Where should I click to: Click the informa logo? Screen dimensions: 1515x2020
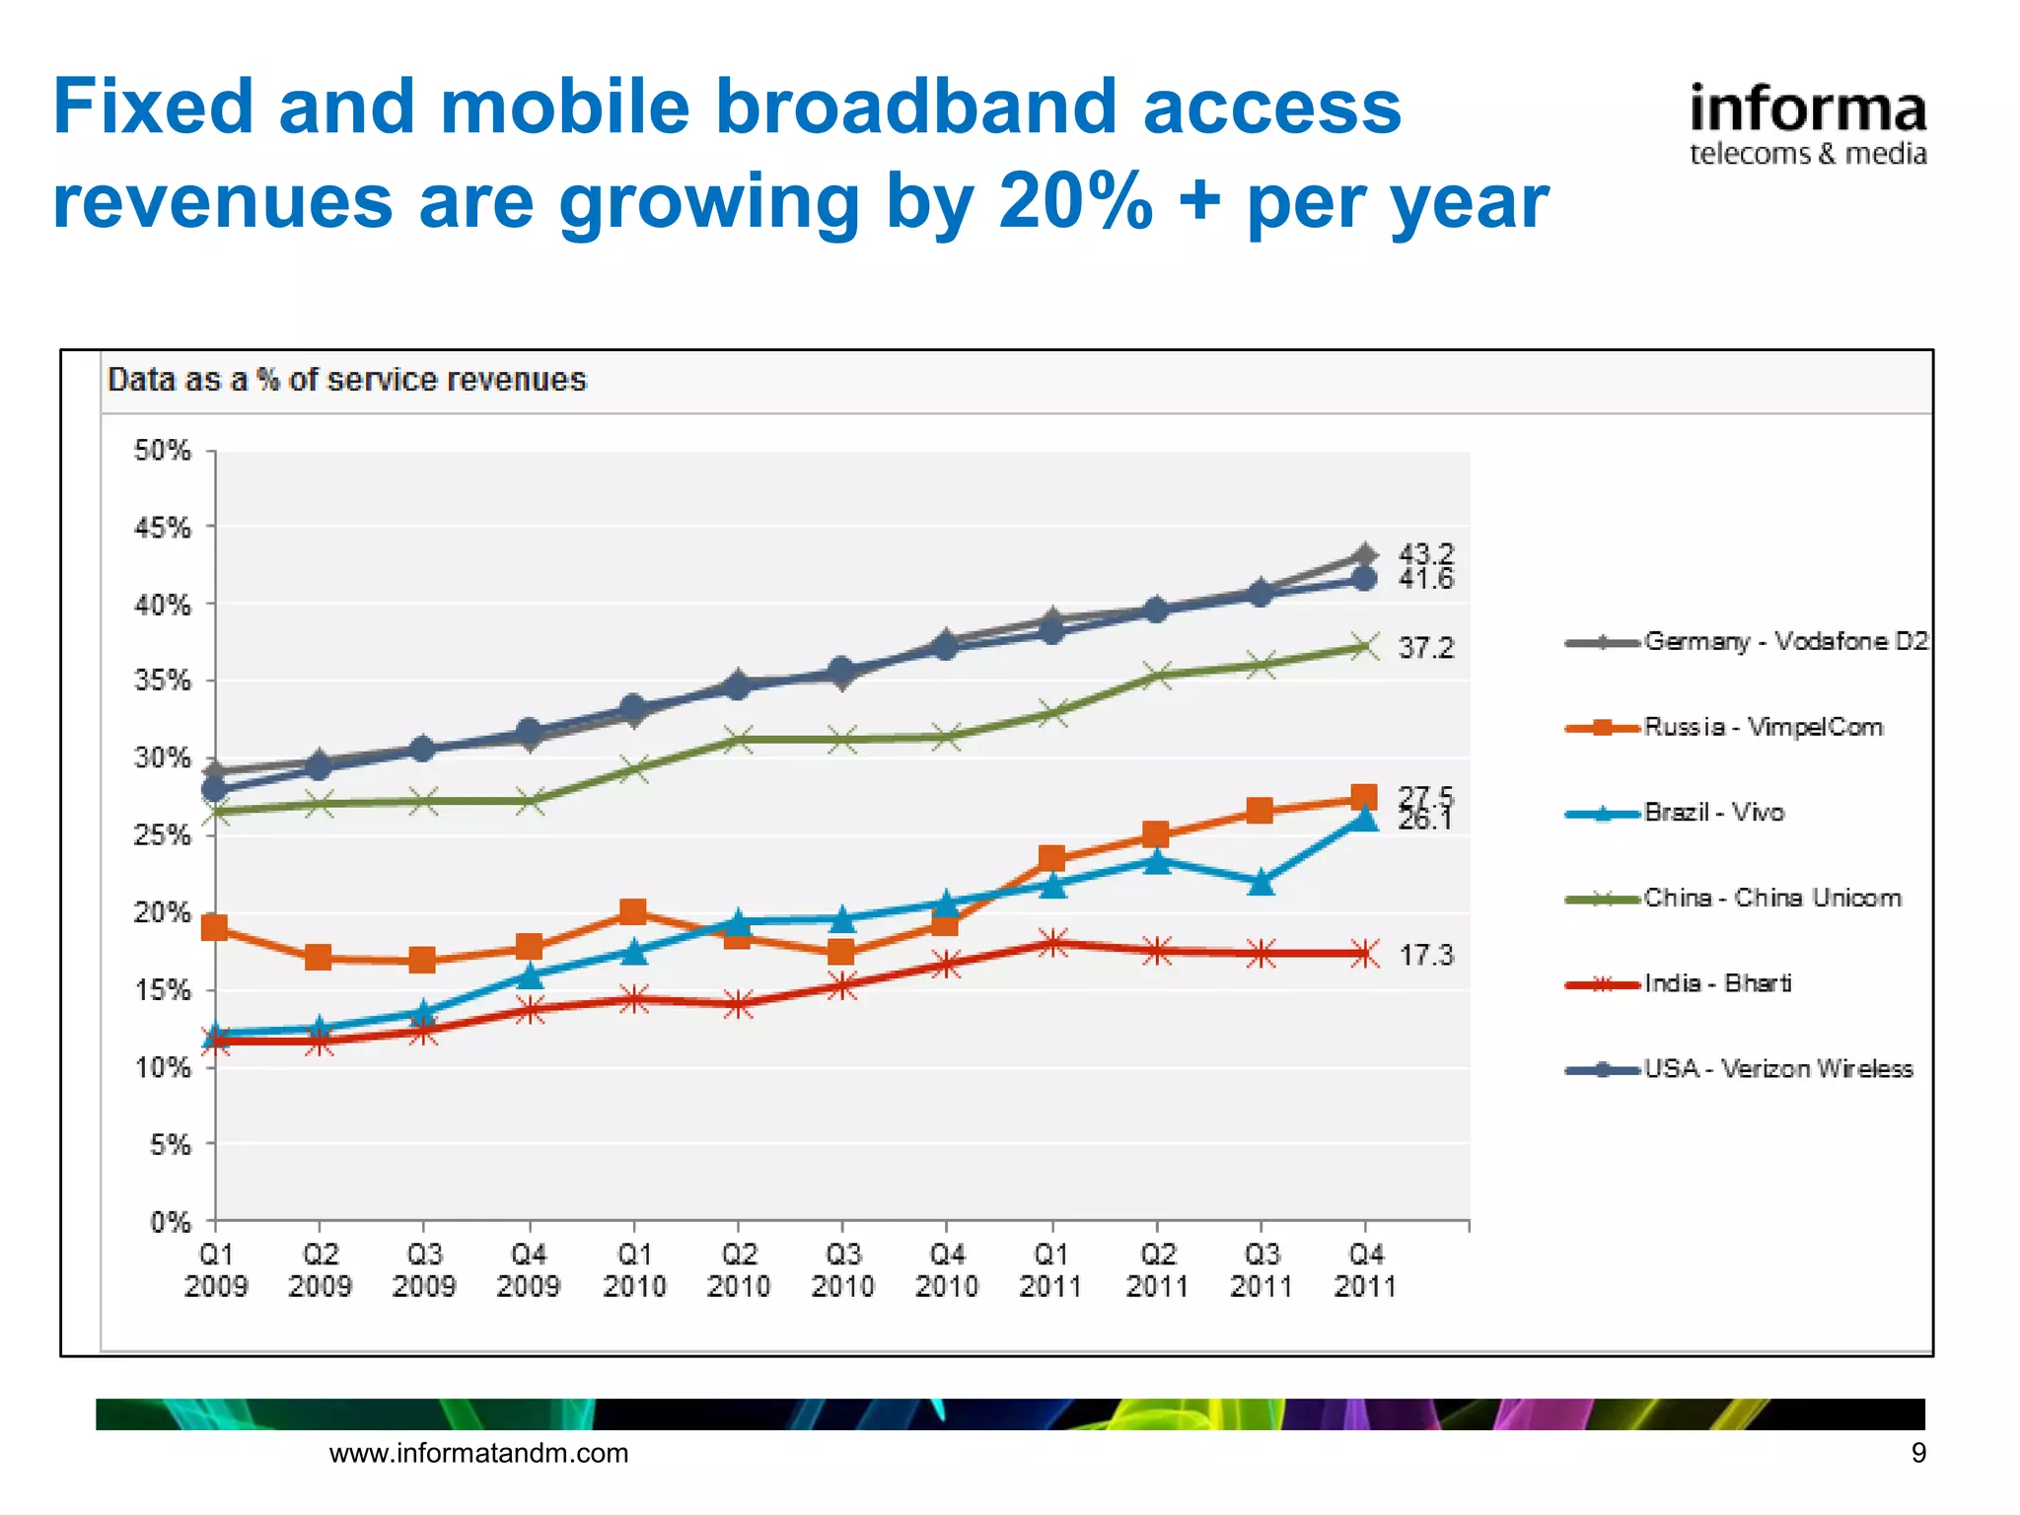(x=1807, y=124)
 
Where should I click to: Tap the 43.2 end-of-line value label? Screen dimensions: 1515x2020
(x=1425, y=554)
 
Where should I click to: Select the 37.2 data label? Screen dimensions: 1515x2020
(x=1425, y=648)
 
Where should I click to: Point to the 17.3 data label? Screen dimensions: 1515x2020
(x=1425, y=955)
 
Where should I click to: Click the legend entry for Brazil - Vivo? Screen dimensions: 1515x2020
(x=1713, y=812)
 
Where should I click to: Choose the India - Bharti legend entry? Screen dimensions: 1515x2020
(x=1716, y=983)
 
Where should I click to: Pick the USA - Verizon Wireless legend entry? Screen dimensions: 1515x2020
(x=1777, y=1069)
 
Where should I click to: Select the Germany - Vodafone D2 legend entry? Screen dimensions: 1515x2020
(x=1784, y=642)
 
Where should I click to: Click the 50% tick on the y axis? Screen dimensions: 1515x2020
(x=163, y=451)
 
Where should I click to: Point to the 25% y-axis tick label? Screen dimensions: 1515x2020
(x=163, y=835)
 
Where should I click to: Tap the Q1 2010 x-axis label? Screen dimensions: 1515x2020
(x=634, y=1270)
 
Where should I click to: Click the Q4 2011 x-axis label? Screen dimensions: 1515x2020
(x=1365, y=1270)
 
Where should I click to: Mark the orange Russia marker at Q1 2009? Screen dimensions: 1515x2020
(x=214, y=927)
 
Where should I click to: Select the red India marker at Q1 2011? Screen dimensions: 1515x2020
(x=1052, y=943)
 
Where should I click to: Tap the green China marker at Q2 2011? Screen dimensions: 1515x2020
(x=1158, y=676)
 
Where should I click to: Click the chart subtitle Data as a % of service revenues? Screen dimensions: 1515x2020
(x=347, y=380)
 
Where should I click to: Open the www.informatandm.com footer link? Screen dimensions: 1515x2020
(x=478, y=1453)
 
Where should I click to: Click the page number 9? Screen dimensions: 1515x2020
(x=1917, y=1453)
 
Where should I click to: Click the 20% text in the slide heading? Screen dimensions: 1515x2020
(x=1075, y=201)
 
